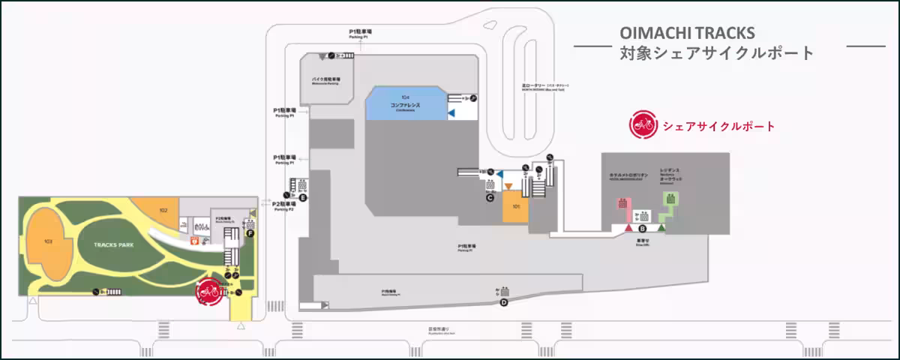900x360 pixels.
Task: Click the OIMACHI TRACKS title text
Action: (x=687, y=34)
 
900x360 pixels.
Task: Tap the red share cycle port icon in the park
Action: (x=208, y=292)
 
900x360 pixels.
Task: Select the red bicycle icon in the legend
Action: (x=643, y=125)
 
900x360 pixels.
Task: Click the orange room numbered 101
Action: (x=515, y=207)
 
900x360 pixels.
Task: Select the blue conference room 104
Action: (x=405, y=102)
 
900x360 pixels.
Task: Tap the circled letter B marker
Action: (x=642, y=228)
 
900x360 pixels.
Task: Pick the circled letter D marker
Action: (x=504, y=302)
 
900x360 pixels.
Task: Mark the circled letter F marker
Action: (x=250, y=233)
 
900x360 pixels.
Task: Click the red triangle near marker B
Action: (x=628, y=227)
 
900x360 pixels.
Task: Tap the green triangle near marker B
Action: (x=661, y=227)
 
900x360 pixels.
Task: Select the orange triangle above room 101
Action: (x=508, y=186)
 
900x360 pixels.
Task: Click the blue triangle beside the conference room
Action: (x=451, y=112)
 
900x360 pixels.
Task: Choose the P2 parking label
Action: (x=283, y=205)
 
